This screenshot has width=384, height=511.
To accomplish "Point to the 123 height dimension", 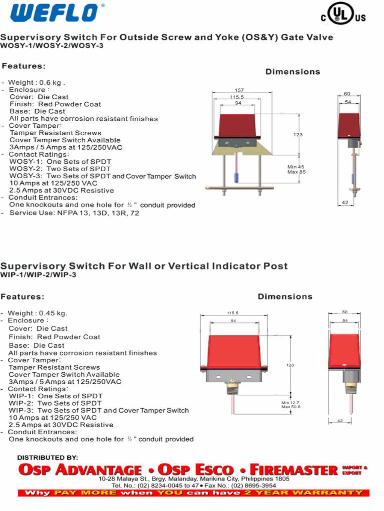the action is (298, 135).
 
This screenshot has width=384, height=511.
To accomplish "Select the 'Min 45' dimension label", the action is (295, 167).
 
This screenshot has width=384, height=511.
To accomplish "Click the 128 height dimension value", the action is (290, 365).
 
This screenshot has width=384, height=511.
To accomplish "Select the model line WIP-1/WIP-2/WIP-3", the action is (38, 274).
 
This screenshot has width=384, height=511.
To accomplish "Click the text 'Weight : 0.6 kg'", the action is (36, 83).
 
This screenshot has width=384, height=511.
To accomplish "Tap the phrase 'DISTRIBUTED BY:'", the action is (47, 458).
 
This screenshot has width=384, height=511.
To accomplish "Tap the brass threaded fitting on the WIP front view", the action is (232, 381).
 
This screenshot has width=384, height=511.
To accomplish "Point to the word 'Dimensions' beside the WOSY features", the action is (292, 72).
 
